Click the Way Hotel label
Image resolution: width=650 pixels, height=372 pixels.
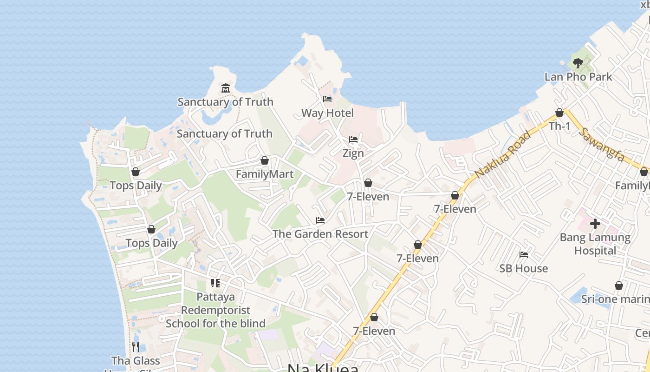[x=327, y=113]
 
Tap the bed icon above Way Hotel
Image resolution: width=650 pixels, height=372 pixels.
[x=327, y=99]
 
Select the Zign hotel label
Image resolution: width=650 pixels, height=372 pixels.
[x=353, y=153]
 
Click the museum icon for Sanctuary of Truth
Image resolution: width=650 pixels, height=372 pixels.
[x=226, y=88]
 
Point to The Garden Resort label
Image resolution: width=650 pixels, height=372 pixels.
[x=320, y=234]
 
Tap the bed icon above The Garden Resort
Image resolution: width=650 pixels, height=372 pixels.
[x=320, y=220]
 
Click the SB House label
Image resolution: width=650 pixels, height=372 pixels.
[x=523, y=268]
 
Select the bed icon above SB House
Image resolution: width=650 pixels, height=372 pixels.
[x=524, y=255]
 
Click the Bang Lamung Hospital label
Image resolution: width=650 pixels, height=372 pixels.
[x=595, y=244]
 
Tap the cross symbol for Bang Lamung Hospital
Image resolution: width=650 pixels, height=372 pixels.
[x=595, y=224]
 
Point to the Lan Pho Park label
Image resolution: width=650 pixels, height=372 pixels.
[x=578, y=77]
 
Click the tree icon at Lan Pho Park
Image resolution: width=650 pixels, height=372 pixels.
[x=578, y=63]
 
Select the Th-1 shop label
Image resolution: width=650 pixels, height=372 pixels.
[x=559, y=126]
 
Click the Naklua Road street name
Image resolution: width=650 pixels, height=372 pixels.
[x=503, y=154]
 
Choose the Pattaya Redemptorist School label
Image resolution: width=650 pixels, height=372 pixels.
[x=215, y=310]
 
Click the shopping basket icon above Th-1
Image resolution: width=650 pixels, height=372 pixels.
[x=559, y=113]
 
